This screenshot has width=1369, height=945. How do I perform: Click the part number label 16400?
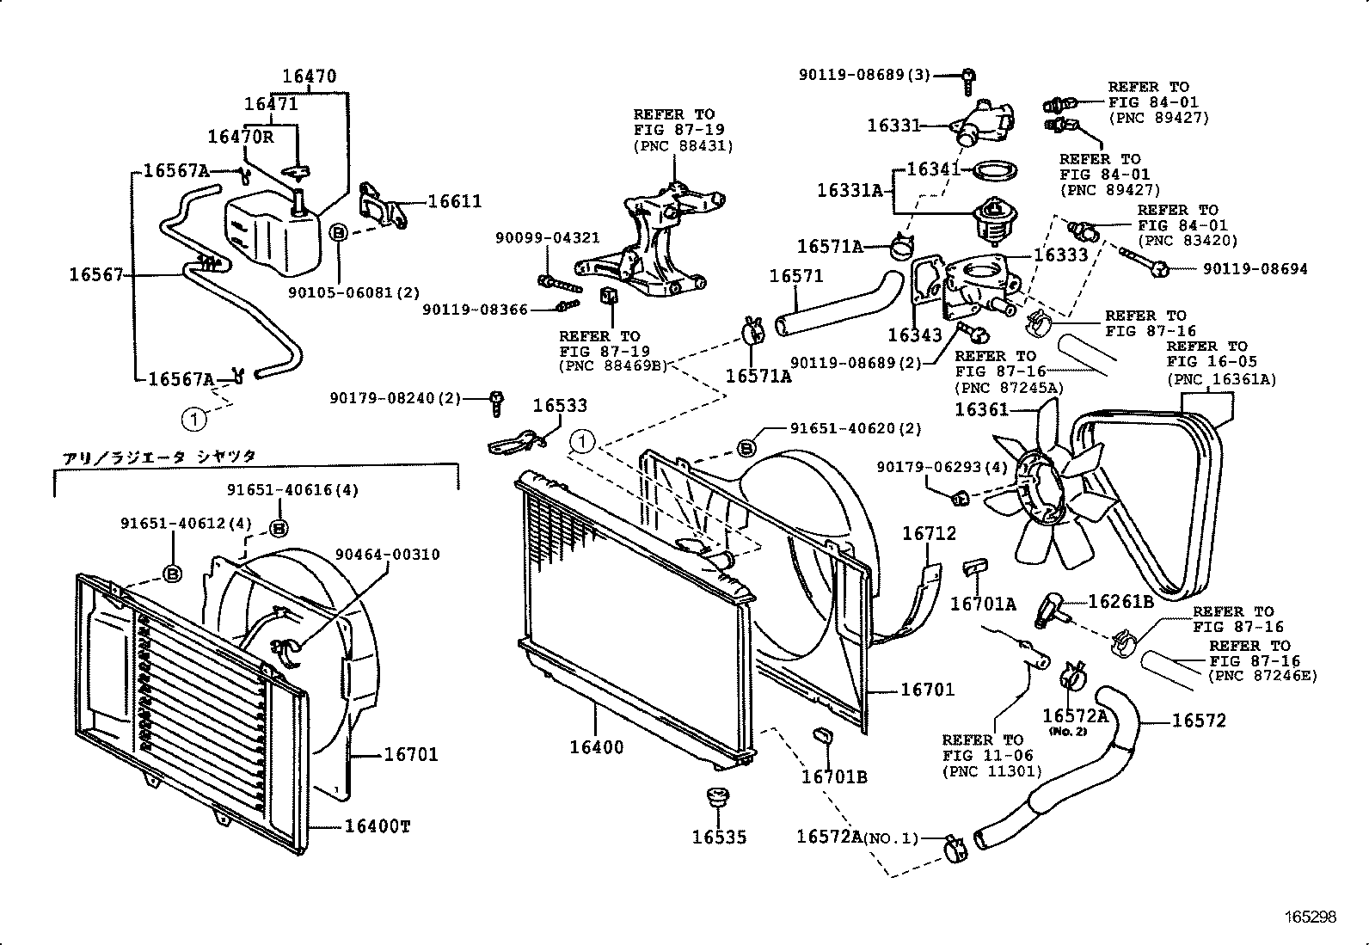(596, 747)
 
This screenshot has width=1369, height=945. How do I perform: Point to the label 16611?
(455, 201)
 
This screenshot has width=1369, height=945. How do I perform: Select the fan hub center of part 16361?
(1042, 491)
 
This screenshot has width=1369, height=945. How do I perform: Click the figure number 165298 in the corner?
(1311, 917)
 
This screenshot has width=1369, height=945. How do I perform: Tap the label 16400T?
(378, 826)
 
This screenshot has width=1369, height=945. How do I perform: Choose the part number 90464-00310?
(387, 555)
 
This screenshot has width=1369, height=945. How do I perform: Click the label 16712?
(929, 534)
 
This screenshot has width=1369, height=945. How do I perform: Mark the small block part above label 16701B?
(821, 736)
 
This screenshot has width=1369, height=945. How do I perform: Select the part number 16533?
(560, 405)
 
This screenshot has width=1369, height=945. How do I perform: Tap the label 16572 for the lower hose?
(1199, 721)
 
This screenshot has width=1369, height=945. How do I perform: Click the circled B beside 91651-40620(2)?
(746, 447)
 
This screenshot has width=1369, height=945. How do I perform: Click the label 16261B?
(1120, 602)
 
